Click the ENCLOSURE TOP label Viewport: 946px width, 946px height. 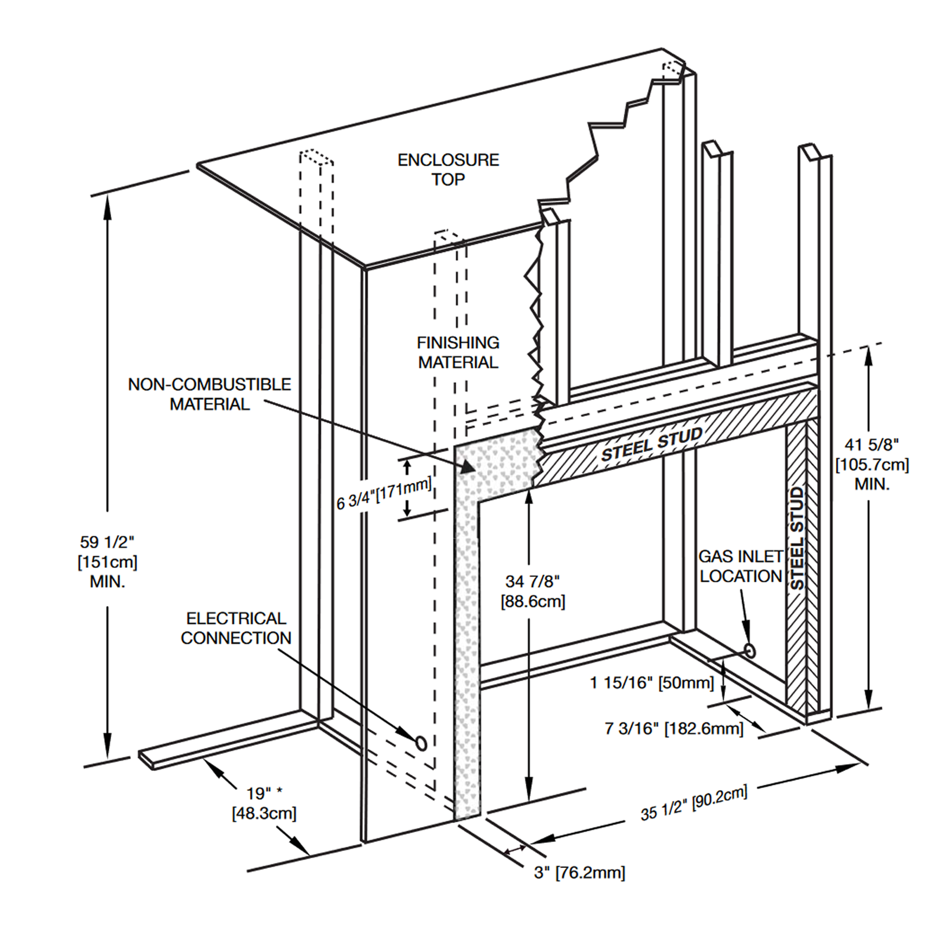click(x=448, y=170)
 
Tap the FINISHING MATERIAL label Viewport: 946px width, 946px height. click(x=458, y=352)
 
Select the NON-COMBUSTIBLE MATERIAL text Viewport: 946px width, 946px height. click(x=209, y=394)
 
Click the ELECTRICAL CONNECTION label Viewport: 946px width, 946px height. click(x=236, y=628)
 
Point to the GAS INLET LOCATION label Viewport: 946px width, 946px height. click(x=740, y=566)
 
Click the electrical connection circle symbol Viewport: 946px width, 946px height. click(x=421, y=743)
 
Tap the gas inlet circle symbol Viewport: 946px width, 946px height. click(x=750, y=651)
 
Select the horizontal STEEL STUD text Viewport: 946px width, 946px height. click(x=652, y=444)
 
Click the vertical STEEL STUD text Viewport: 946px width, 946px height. click(x=798, y=538)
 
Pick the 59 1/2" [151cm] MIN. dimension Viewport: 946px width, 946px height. click(x=107, y=561)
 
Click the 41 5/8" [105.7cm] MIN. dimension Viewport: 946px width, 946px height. click(x=872, y=464)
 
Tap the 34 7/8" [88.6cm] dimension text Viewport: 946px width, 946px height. click(x=533, y=591)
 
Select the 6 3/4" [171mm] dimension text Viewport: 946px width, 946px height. click(x=384, y=494)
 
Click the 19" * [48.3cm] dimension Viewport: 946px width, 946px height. click(x=264, y=803)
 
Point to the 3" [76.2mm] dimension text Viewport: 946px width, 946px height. click(x=579, y=873)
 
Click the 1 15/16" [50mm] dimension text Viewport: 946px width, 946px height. click(x=652, y=683)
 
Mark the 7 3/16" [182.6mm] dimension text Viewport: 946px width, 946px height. click(x=673, y=728)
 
